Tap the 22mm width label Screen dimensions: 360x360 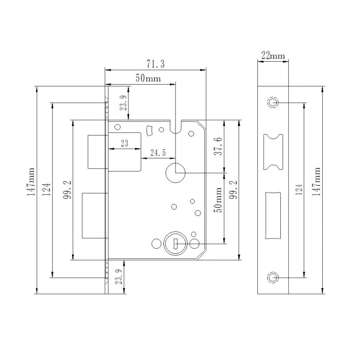[x=273, y=56]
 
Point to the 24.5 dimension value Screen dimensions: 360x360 [x=157, y=153]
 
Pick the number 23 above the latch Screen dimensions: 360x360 [x=124, y=144]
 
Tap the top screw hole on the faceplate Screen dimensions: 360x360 [x=273, y=102]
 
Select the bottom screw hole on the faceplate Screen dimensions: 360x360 [x=273, y=277]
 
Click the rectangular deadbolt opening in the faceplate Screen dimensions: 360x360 [x=273, y=215]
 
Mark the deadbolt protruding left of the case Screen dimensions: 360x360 [x=94, y=216]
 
